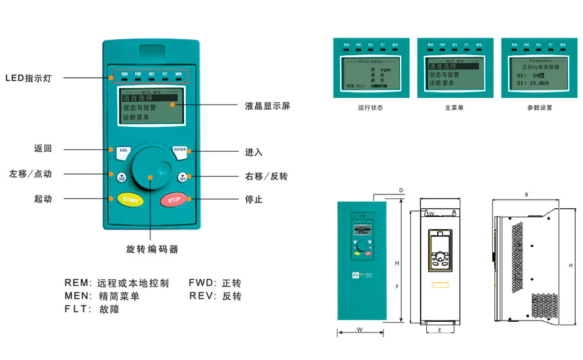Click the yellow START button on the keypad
[130, 200]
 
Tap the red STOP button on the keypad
[174, 200]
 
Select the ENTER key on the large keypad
[180, 150]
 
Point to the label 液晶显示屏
[267, 106]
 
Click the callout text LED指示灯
[28, 78]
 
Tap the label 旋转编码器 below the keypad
[152, 250]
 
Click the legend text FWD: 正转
[215, 283]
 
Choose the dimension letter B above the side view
[527, 194]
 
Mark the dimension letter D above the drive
[400, 191]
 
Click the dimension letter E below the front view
[439, 330]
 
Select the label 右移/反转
[266, 177]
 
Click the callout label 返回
[43, 148]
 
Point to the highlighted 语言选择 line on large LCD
[144, 98]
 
